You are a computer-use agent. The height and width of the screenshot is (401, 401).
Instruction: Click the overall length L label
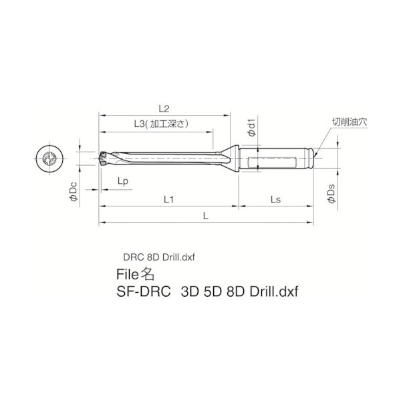coord(206,216)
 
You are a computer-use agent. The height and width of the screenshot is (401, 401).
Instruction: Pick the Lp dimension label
coord(123,181)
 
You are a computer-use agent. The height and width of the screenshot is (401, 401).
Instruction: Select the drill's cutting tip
coord(104,158)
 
